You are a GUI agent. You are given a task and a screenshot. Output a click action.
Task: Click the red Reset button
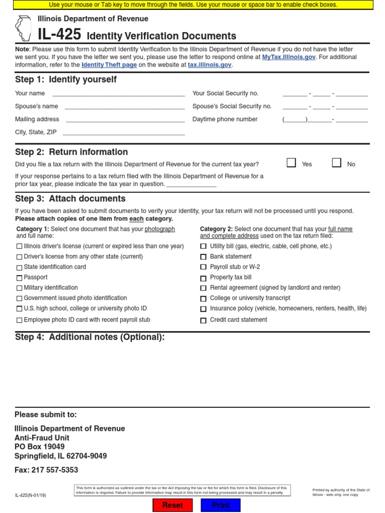pyautogui.click(x=172, y=505)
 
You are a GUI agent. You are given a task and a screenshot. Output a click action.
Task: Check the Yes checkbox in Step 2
pyautogui.click(x=291, y=163)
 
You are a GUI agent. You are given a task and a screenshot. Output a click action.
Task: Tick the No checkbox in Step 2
pyautogui.click(x=336, y=163)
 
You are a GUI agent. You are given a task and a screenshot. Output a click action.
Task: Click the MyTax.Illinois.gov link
pyautogui.click(x=289, y=57)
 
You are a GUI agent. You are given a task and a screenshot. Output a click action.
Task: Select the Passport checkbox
pyautogui.click(x=19, y=278)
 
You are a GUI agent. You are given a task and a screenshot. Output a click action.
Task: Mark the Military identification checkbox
pyautogui.click(x=19, y=288)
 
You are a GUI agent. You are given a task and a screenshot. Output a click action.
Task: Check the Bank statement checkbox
pyautogui.click(x=204, y=257)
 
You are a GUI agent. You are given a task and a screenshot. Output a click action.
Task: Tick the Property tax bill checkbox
pyautogui.click(x=204, y=278)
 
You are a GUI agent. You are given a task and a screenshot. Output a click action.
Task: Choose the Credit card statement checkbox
pyautogui.click(x=204, y=320)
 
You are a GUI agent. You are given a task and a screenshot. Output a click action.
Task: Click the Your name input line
pyautogui.click(x=118, y=93)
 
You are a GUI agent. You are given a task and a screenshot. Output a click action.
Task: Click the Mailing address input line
pyautogui.click(x=125, y=119)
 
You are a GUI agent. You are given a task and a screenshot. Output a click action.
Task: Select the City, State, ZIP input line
pyautogui.click(x=123, y=132)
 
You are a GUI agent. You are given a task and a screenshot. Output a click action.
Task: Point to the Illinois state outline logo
pyautogui.click(x=23, y=28)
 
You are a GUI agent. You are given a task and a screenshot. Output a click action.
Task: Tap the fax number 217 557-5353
pyautogui.click(x=55, y=470)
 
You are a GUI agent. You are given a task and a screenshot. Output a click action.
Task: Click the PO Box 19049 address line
pyautogui.click(x=40, y=447)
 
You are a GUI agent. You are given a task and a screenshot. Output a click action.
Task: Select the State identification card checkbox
pyautogui.click(x=19, y=268)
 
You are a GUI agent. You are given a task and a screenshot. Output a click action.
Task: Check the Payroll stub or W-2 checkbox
pyautogui.click(x=204, y=268)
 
